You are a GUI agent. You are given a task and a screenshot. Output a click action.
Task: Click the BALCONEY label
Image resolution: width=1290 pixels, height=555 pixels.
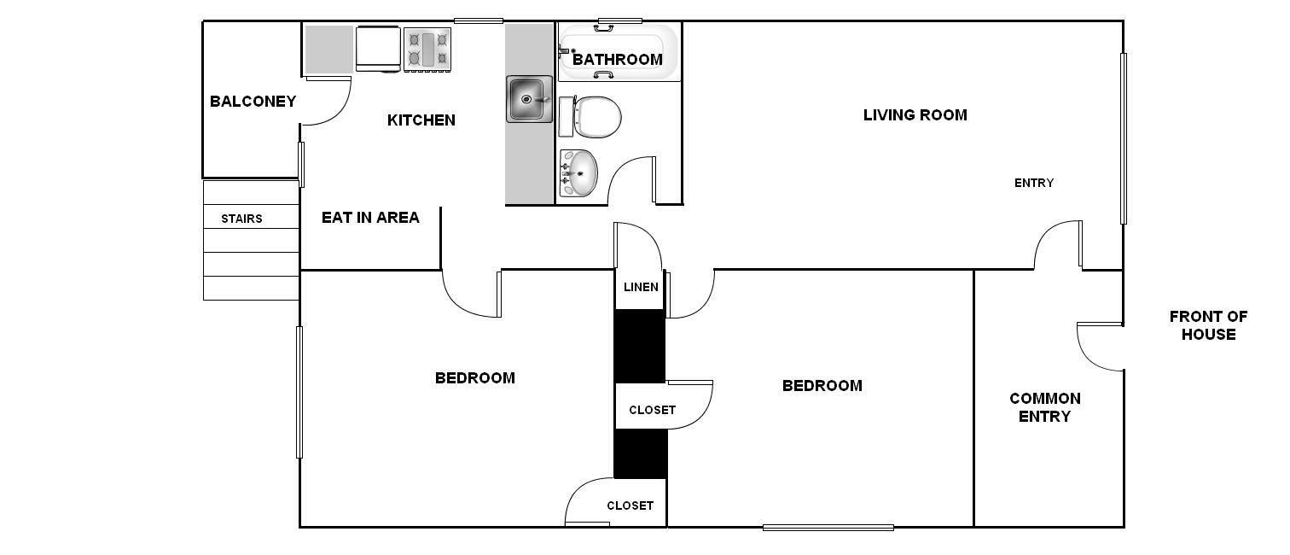point(253,102)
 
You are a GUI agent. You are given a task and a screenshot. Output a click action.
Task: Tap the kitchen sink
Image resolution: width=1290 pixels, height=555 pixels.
point(529,99)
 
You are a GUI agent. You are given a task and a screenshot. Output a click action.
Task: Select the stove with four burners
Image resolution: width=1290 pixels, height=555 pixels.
point(427,50)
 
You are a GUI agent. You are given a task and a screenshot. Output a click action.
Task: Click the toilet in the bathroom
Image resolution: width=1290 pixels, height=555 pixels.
point(590,117)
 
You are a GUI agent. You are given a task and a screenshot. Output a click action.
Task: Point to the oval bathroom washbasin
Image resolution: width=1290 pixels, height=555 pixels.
point(578,172)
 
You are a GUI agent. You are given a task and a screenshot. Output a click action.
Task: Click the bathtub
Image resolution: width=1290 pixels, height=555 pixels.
point(618,52)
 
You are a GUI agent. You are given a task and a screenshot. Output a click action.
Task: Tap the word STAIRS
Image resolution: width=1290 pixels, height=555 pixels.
point(242,219)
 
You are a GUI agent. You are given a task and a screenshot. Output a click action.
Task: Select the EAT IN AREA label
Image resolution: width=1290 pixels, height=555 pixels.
point(370,218)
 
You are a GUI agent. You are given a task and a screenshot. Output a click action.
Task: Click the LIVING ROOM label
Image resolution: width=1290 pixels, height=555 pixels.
point(915,115)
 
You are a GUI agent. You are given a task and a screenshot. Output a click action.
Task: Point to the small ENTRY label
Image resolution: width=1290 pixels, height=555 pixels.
point(1034,184)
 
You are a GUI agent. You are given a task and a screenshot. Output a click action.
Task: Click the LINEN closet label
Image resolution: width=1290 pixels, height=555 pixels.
point(641,287)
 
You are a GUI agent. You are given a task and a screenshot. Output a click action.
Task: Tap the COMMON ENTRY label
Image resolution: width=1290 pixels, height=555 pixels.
point(1045,407)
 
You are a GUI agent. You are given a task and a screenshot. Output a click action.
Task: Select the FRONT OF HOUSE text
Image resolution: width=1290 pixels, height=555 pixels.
point(1209,325)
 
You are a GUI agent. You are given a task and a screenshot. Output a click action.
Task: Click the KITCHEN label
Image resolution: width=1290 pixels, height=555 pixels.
point(421,120)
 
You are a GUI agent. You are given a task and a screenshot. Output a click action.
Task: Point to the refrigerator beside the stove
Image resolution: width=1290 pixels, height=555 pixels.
point(378,50)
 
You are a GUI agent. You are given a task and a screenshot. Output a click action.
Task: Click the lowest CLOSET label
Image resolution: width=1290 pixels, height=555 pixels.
point(630,506)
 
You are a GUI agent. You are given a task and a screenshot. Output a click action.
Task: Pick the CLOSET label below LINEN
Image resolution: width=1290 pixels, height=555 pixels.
point(653,411)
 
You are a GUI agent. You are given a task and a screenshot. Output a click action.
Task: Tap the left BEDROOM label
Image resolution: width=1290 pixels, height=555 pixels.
point(475,378)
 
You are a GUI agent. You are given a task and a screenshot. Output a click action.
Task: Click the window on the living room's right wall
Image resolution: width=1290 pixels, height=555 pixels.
point(1123,138)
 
